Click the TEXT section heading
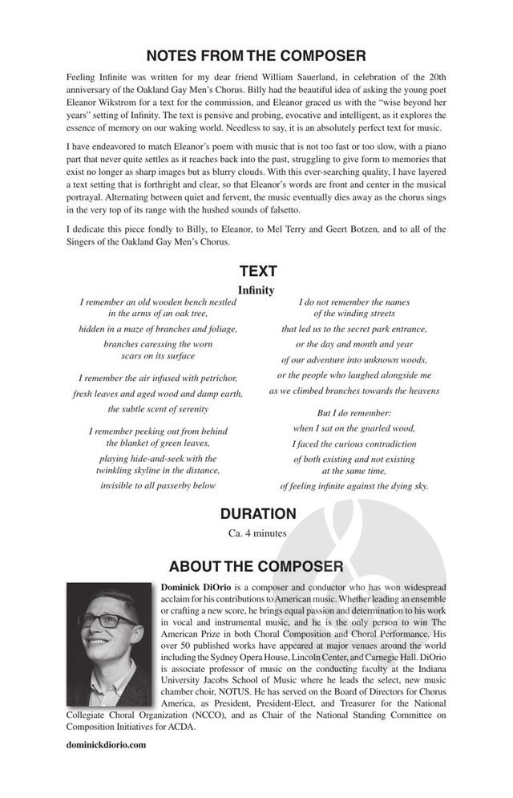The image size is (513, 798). tap(256, 272)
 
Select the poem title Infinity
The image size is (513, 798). tap(256, 290)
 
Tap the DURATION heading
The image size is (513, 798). tap(256, 513)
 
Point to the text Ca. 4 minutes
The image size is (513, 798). tap(256, 532)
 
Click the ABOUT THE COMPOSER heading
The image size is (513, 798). tap(256, 567)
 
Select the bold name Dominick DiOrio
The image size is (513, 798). tap(197, 588)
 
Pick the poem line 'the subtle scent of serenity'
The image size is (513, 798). tap(159, 409)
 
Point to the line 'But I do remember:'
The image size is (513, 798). tap(353, 412)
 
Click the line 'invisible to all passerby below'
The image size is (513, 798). tap(159, 485)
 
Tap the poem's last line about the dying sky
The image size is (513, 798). tap(353, 486)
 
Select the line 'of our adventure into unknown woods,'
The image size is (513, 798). tap(353, 358)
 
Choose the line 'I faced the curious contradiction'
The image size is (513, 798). tap(353, 444)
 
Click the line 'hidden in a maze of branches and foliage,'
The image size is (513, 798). tap(159, 329)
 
